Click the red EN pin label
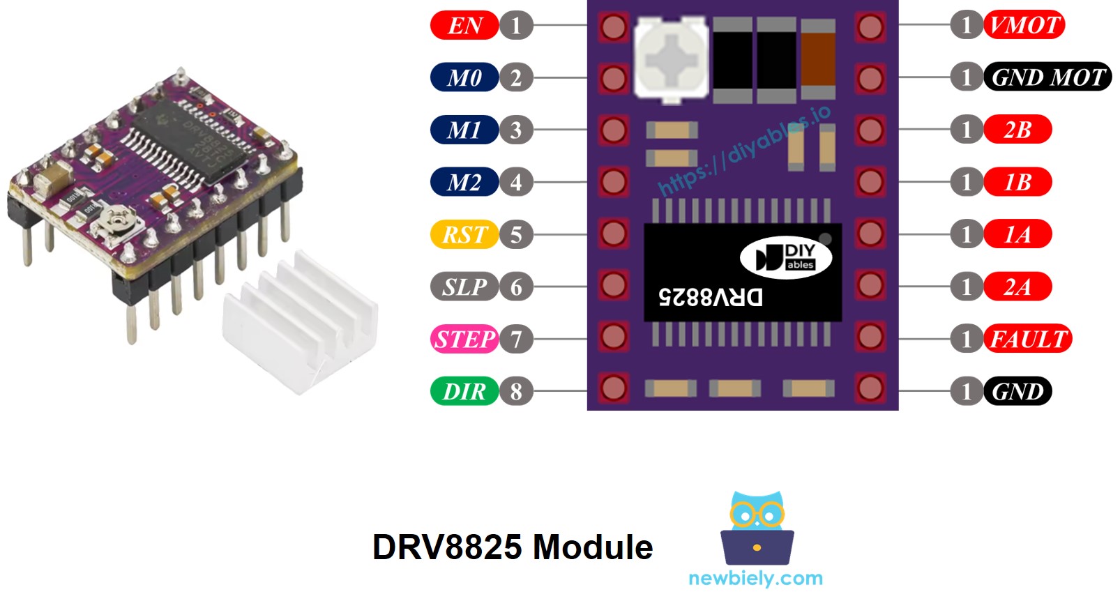(x=464, y=26)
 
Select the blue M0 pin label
(x=464, y=77)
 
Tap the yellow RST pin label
(x=464, y=234)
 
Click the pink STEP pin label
(x=464, y=339)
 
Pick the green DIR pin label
(x=464, y=391)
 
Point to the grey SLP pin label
(x=464, y=287)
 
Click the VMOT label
(x=1024, y=25)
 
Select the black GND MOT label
(x=1047, y=77)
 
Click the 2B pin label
(x=1017, y=130)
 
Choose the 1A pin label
(x=1017, y=234)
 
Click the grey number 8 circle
(x=516, y=391)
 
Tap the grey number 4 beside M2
(x=516, y=182)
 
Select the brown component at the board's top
(x=818, y=59)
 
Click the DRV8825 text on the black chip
(x=710, y=297)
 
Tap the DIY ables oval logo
(x=786, y=257)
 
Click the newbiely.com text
(x=755, y=578)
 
